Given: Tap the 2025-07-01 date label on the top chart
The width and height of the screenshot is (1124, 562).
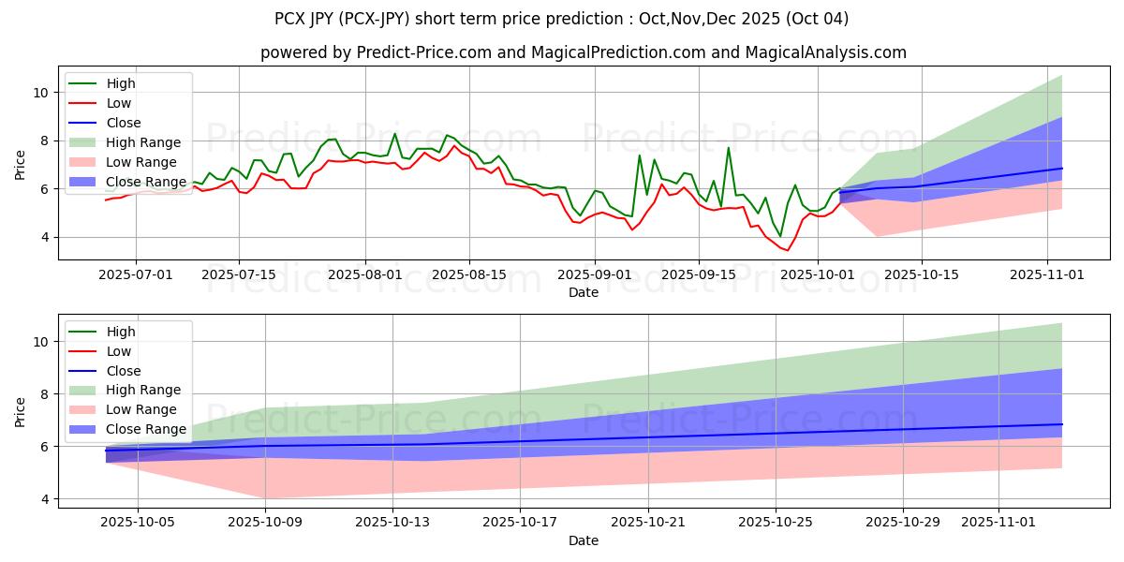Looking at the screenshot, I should pyautogui.click(x=136, y=275).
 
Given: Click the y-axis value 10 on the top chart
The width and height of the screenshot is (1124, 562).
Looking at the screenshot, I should pyautogui.click(x=41, y=93).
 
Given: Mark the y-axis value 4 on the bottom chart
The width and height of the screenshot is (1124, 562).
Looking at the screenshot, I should pyautogui.click(x=45, y=499).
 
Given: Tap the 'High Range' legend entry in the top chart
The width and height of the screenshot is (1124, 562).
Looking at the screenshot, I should pyautogui.click(x=144, y=142).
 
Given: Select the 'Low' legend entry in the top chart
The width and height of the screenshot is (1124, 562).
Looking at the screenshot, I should pyautogui.click(x=120, y=103).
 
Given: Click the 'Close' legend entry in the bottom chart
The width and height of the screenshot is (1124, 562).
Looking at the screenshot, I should pyautogui.click(x=125, y=371).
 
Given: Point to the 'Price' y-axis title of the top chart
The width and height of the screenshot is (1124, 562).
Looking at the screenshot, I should pyautogui.click(x=21, y=164).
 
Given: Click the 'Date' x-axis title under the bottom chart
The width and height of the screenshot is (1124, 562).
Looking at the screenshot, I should pyautogui.click(x=584, y=540).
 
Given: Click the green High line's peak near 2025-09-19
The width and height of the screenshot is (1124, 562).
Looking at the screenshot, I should pyautogui.click(x=728, y=147).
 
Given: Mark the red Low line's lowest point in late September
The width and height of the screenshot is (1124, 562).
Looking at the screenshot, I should pyautogui.click(x=787, y=250).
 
